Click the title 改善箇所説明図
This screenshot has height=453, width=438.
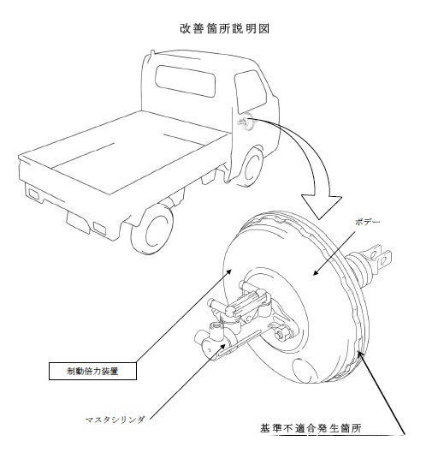pos(224,28)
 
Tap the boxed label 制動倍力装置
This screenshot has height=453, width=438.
pos(92,371)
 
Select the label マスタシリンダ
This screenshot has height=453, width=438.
pos(115,420)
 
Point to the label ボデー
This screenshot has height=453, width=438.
pos(367,222)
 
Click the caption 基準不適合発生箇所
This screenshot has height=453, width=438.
pos(311,428)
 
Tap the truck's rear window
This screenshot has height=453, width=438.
pos(186,80)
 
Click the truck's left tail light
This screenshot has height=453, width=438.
pos(33,194)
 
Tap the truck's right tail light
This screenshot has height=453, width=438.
pos(99,228)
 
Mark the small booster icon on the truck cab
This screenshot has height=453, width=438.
pos(245,122)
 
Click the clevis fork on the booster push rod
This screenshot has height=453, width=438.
pos(380,257)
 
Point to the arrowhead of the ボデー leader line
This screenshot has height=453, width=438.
pos(316,272)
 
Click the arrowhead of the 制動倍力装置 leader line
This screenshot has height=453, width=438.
pos(229,271)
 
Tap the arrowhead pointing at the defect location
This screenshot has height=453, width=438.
pos(359,355)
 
